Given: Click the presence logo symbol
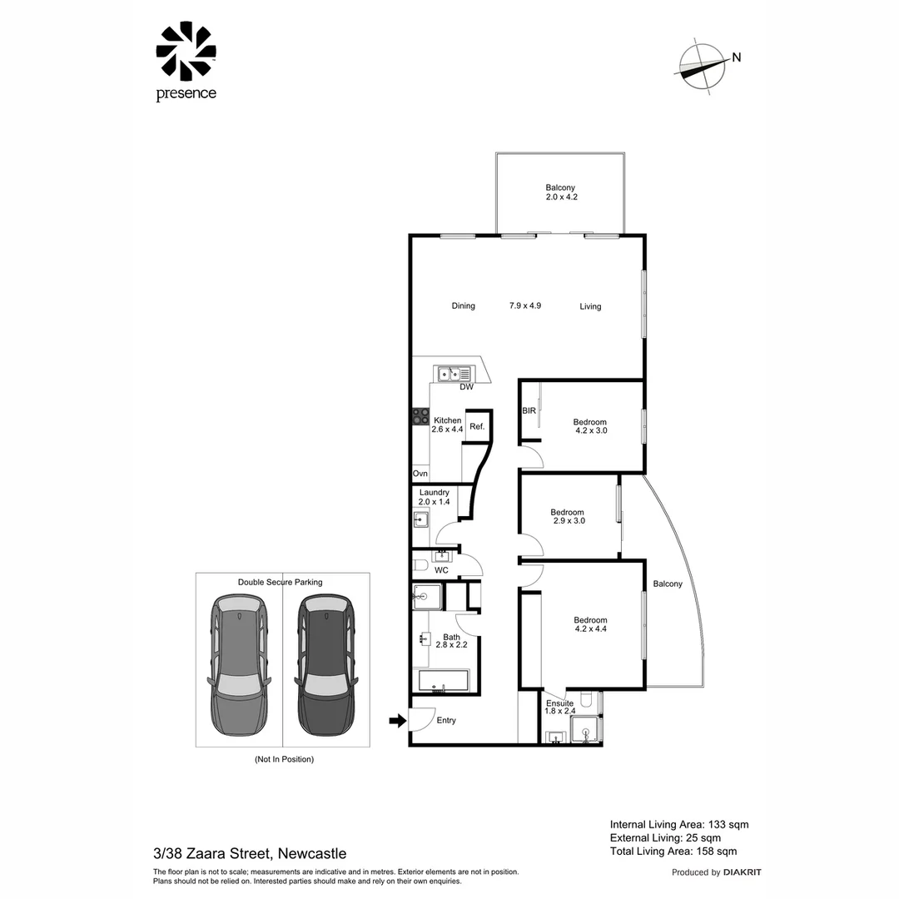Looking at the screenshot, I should pos(186,52).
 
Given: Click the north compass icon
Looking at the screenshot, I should pos(700,66).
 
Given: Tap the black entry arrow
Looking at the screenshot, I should pos(397,720).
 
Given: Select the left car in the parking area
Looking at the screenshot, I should pos(239,664).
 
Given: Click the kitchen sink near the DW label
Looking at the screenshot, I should pos(454,374).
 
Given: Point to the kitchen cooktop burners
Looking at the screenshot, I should pos(419,416).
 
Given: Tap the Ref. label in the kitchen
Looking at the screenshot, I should pos(476,426).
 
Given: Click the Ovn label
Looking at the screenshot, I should pos(420,474).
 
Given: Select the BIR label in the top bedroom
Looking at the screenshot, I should pos(529,411).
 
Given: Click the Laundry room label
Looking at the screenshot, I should pos(434,493).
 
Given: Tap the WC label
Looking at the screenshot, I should pos(441,570).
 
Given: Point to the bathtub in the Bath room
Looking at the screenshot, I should pos(444,681).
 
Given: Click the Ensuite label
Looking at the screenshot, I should pos(559,703).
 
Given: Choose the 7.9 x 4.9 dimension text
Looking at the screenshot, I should pos(525,305).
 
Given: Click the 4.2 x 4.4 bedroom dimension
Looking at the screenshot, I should pos(590,630).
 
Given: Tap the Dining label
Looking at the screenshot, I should pos(463,305).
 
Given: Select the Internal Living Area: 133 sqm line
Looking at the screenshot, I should pos(679,824).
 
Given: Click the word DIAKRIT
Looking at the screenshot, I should pos(743,872).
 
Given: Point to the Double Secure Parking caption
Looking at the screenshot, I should pos(280,582).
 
